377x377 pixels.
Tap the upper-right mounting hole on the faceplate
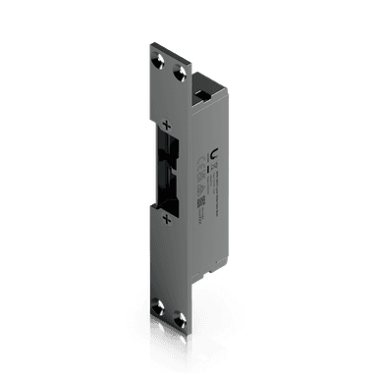[x=178, y=73]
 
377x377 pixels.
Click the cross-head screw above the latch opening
[x=166, y=125]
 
